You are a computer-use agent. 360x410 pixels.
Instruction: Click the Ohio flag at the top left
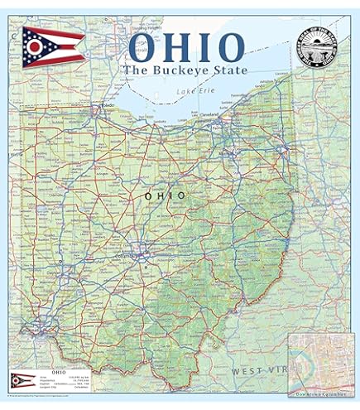[51, 46]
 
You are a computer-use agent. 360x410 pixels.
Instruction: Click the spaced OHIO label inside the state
[165, 195]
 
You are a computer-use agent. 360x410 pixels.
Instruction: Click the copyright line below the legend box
[50, 397]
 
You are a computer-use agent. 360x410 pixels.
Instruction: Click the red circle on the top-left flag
[34, 47]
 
